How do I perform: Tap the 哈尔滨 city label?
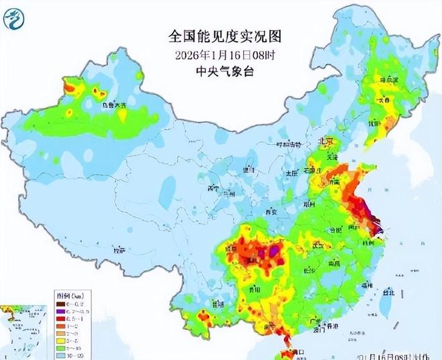[388, 80]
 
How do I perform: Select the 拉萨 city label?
[119, 251]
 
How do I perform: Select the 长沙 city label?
[309, 271]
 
